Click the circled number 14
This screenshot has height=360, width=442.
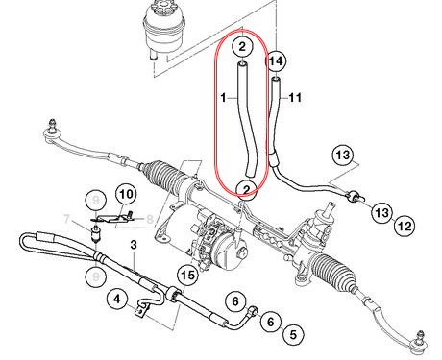pos(277,61)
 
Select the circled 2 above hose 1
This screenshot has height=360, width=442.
pos(244,45)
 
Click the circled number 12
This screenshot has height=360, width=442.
pos(404,226)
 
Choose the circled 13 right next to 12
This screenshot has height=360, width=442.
pos(381,211)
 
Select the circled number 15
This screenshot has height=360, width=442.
pos(187,276)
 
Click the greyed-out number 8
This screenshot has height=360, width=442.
pos(151,221)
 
